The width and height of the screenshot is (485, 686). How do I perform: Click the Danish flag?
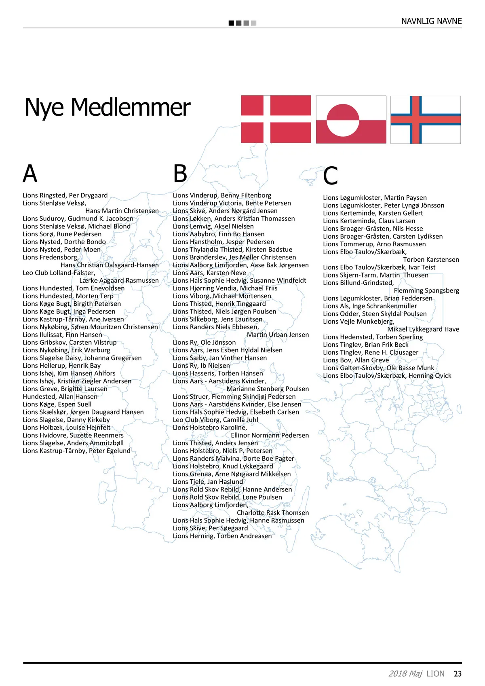click(x=276, y=119)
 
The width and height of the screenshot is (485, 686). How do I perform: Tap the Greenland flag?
click(x=351, y=120)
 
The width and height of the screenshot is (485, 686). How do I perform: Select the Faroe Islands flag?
click(x=426, y=120)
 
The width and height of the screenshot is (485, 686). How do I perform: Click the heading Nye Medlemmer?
click(x=107, y=108)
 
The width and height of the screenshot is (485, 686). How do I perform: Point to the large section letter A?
click(x=30, y=174)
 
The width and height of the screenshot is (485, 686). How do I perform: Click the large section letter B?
click(x=180, y=174)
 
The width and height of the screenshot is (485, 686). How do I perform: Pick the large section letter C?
click(x=330, y=176)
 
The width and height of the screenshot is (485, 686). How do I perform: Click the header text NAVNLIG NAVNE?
click(x=431, y=21)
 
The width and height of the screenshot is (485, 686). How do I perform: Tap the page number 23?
click(x=458, y=674)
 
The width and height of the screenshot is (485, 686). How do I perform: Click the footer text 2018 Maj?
click(x=405, y=674)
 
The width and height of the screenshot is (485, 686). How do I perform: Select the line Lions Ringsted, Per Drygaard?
click(x=65, y=195)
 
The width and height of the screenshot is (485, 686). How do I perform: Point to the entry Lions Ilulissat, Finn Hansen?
click(x=62, y=335)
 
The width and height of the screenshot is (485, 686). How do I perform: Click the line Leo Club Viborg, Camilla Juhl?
click(x=215, y=420)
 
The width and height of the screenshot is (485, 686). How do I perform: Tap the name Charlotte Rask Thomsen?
click(x=273, y=512)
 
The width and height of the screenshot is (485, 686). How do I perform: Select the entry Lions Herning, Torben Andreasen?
click(x=222, y=536)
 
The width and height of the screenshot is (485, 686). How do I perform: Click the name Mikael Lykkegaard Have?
click(x=423, y=329)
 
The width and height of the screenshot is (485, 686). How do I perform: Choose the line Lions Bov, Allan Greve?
click(x=356, y=360)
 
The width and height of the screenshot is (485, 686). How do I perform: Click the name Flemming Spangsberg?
click(x=426, y=290)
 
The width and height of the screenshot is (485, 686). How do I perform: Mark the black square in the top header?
click(x=231, y=23)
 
